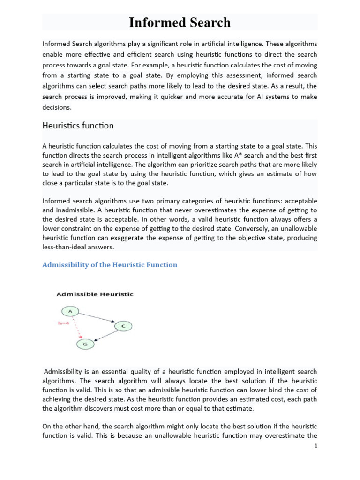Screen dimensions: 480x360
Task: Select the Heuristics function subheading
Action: pos(78,126)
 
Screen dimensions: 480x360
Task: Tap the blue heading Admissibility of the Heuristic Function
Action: pos(110,265)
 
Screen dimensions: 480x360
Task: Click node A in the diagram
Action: pos(70,311)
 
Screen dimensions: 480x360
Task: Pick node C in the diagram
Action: pos(123,326)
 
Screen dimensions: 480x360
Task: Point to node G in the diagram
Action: pos(86,345)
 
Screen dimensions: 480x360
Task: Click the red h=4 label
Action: pos(64,323)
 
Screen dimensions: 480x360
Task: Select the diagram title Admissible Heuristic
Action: pos(95,294)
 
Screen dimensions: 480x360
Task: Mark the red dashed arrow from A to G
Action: pos(77,328)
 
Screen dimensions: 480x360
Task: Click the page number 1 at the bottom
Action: pos(316,446)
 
